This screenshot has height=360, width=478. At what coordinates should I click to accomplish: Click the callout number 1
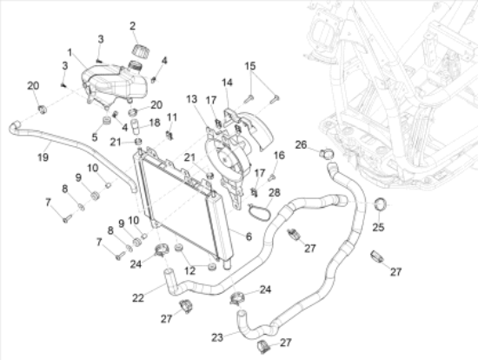tap(70, 53)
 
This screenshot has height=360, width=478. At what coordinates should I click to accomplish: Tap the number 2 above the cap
tap(133, 26)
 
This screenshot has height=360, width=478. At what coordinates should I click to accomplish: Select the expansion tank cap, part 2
tap(140, 50)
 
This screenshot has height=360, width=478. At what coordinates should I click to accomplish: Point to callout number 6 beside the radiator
tap(249, 237)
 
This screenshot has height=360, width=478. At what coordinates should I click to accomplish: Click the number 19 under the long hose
tap(43, 157)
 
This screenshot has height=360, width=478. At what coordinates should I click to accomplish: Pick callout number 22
tap(138, 297)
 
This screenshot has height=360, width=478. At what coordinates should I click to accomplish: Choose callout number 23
tap(217, 337)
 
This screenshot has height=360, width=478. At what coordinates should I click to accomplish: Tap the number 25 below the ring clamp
tap(378, 227)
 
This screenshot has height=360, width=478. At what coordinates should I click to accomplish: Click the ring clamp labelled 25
tap(380, 203)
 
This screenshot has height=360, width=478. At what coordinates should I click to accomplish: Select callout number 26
tap(301, 144)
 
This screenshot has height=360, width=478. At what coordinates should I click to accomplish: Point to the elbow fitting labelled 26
tap(327, 153)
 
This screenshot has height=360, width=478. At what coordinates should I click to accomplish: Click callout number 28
tap(275, 192)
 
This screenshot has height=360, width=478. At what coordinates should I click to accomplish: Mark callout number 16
tap(279, 156)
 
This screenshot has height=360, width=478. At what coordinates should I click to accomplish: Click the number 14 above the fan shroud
tap(227, 82)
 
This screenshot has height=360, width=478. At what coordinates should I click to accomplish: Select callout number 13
tap(191, 99)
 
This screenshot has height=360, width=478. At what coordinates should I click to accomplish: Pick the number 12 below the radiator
tap(190, 270)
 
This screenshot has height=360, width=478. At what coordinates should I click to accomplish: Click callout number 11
tap(172, 117)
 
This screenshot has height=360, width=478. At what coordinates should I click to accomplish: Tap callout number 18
tap(155, 123)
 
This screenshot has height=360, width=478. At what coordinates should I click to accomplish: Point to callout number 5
tap(95, 137)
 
